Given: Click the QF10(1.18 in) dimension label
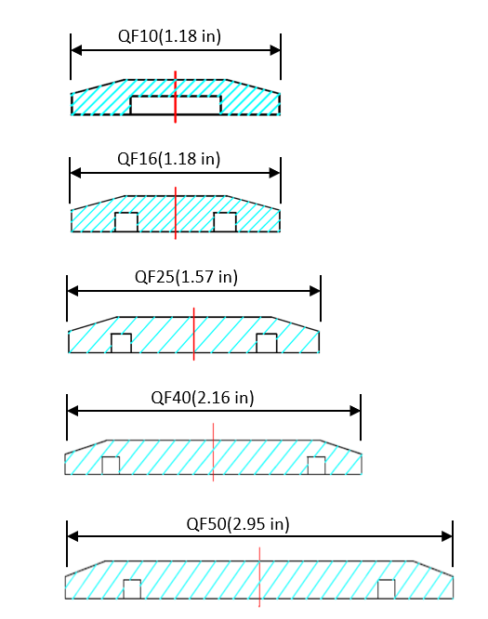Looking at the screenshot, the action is [169, 36].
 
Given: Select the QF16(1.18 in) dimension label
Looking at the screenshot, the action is [168, 159].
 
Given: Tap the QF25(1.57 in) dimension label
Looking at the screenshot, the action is [186, 277].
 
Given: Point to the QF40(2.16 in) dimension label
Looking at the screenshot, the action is [202, 397].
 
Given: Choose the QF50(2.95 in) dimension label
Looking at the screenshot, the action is [238, 524].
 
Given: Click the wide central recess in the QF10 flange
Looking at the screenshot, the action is [176, 105].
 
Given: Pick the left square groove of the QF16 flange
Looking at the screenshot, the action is [126, 222].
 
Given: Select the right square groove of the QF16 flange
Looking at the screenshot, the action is [225, 222].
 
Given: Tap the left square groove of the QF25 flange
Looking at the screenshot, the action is [121, 343].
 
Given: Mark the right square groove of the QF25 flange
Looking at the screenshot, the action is [267, 343].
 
